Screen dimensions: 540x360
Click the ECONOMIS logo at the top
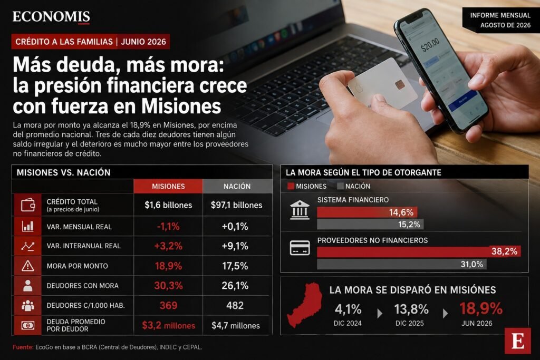[51, 17]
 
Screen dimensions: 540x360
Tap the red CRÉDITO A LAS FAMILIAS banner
[91, 42]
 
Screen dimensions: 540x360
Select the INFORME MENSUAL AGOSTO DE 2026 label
[500, 20]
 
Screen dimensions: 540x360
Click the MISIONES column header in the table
[168, 186]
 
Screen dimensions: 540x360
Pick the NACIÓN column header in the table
[237, 186]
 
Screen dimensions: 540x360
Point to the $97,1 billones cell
[237, 205]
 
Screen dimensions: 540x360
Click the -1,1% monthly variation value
[168, 227]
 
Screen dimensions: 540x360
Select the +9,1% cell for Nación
[235, 246]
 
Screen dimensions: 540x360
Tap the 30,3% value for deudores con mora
[168, 286]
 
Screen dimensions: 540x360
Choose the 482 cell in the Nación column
[235, 305]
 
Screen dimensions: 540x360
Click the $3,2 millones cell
[168, 325]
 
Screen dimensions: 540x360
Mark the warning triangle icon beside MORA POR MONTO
[27, 266]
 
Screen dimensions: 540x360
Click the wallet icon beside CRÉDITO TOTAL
[28, 205]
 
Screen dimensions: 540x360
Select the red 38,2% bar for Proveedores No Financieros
[419, 251]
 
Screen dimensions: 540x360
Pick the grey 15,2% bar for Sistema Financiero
[370, 225]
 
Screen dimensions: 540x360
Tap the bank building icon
[300, 210]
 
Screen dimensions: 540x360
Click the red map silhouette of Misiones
[305, 305]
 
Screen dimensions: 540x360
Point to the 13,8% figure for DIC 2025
[411, 309]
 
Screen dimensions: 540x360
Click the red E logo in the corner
[518, 341]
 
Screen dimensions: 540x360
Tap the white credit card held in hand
[383, 84]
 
